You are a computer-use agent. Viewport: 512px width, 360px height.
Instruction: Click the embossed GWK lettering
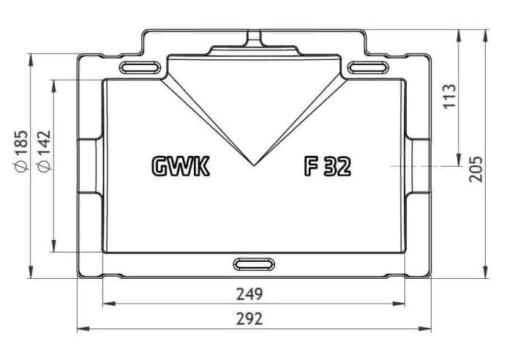181,166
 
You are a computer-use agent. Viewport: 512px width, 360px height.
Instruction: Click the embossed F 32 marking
328,166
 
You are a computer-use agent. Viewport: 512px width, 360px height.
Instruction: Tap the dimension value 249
249,294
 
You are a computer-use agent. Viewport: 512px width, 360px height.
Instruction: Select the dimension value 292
249,319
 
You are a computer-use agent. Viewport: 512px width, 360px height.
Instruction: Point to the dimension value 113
449,96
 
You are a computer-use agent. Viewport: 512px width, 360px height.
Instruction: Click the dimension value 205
475,169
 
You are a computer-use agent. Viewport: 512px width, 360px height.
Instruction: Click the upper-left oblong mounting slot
140,67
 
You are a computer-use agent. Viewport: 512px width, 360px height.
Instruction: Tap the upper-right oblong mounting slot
368,67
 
